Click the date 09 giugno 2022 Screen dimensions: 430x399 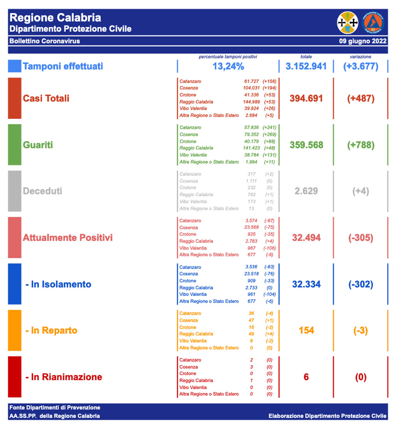pos(363,41)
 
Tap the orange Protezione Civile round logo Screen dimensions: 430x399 pos(373,23)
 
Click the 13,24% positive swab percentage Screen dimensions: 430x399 pos(228,66)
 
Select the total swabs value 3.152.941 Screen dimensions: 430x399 pos(306,66)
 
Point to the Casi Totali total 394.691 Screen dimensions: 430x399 pos(306,98)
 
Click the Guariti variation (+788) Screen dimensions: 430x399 pos(360,145)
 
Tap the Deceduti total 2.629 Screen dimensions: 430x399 pos(306,191)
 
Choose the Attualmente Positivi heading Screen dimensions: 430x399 pos(68,238)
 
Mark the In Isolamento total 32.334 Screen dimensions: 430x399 pos(306,284)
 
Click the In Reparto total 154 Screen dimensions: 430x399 pos(306,330)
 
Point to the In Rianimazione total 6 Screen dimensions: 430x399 pos(306,377)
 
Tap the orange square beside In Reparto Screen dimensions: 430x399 pos(14,330)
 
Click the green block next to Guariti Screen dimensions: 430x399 pos(14,145)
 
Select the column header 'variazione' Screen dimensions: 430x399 pos(360,57)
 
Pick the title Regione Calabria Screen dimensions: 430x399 pos(55,18)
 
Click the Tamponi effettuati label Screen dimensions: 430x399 pos(63,66)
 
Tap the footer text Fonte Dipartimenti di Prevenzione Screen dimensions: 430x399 pos(55,407)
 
